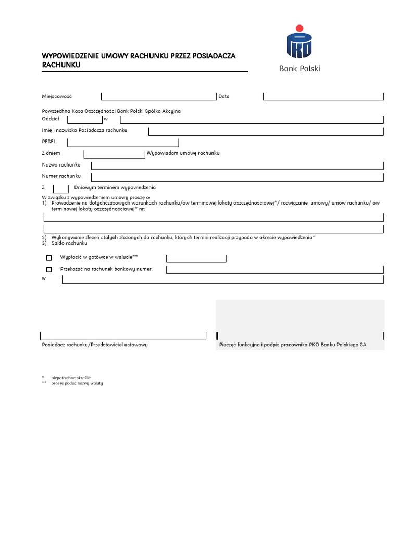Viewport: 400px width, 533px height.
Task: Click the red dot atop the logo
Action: [299, 28]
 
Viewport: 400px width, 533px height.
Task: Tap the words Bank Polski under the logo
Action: [299, 68]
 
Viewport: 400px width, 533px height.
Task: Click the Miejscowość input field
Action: [158, 96]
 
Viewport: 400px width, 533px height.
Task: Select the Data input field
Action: [323, 96]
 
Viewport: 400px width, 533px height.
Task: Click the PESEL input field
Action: [123, 142]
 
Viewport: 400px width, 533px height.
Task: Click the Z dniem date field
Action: [114, 154]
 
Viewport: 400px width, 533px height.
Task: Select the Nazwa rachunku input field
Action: [237, 165]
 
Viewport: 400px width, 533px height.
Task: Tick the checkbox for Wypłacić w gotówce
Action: [49, 258]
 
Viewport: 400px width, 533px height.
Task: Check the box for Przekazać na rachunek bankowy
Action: [49, 270]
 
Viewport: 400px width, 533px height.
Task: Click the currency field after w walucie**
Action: [196, 258]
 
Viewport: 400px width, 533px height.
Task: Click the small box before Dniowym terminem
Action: [61, 188]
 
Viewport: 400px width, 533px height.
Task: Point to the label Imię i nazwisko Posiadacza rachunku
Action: [84, 130]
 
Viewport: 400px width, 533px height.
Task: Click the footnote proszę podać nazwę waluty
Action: [77, 383]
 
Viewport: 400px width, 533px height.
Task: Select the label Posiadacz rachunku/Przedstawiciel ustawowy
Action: [95, 345]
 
